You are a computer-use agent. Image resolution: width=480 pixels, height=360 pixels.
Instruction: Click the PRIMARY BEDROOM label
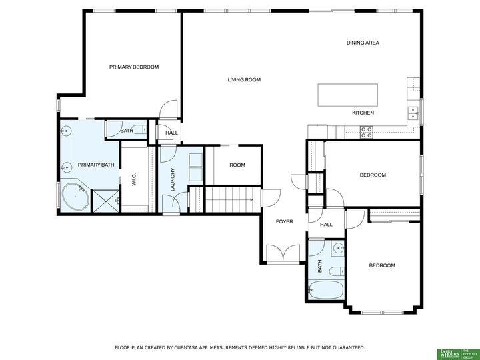point(134,67)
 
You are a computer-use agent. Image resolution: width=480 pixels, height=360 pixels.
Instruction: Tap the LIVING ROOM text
point(244,80)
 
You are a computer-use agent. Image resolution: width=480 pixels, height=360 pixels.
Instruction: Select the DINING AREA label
point(363,43)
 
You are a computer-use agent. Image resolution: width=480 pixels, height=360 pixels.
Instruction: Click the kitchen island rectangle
point(348,95)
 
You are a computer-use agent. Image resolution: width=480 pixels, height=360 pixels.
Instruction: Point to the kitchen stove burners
point(367,132)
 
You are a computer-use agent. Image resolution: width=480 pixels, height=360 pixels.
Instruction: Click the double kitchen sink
point(413,113)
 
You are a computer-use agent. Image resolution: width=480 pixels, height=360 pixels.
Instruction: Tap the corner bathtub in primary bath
point(75,197)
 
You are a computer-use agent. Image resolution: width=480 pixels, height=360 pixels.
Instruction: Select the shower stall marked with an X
point(106,201)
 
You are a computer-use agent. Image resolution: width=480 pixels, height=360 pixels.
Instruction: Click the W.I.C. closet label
point(134,179)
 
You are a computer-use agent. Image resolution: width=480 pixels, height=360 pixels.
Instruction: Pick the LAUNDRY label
point(173,179)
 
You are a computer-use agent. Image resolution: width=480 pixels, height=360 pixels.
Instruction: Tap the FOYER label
point(285,221)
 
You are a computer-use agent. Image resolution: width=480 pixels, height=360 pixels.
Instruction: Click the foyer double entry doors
point(283,253)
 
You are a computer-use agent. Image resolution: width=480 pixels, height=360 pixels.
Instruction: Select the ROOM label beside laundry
point(237,165)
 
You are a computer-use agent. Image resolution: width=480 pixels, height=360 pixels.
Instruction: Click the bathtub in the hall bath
point(325,289)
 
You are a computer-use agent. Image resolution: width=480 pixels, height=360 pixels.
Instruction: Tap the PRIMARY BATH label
point(96,165)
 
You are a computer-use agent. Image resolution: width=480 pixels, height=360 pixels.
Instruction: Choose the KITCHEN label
point(363,113)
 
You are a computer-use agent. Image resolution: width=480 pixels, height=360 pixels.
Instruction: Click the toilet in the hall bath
point(337,271)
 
